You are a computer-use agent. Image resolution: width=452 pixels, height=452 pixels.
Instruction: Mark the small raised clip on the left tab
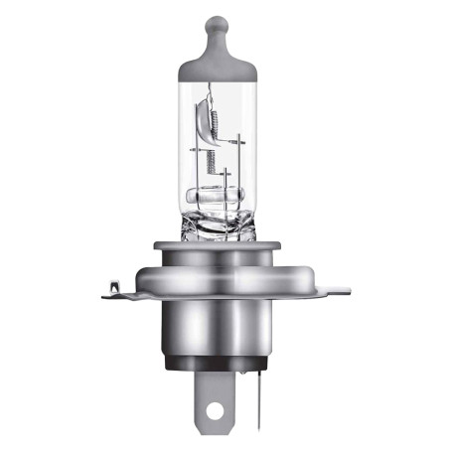click(116, 286)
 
